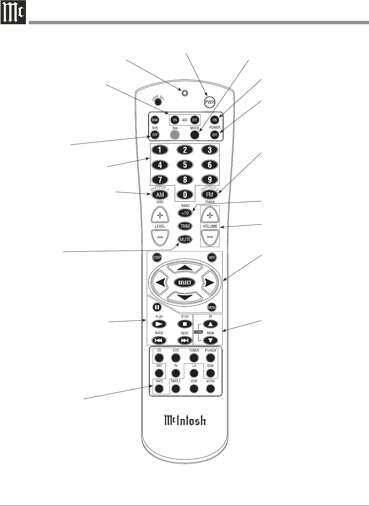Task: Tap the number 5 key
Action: (x=185, y=165)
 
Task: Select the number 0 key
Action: (x=185, y=195)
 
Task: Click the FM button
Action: (x=210, y=195)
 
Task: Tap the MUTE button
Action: (x=185, y=239)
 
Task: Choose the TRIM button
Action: (x=185, y=226)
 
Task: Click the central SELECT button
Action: (x=185, y=282)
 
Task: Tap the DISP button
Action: (x=157, y=257)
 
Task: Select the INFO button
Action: (x=212, y=257)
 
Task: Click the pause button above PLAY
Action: (x=157, y=307)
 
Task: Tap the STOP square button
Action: (x=185, y=324)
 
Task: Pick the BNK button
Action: (x=155, y=120)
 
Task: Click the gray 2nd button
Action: (x=175, y=135)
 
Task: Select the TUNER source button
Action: (x=194, y=358)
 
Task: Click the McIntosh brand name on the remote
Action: (x=185, y=420)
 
